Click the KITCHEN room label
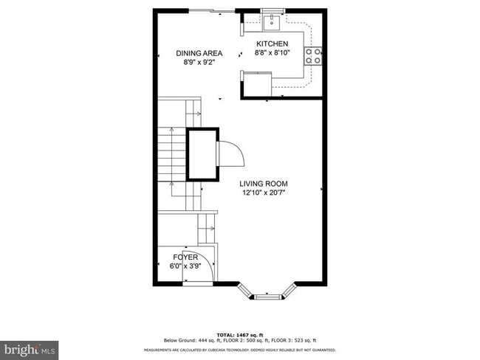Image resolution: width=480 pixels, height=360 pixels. coord(272,44)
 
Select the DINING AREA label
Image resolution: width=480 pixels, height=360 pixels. coord(199,53)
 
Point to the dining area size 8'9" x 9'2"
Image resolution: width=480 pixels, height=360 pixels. coord(199,63)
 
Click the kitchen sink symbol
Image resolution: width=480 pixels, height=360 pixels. coord(272,20)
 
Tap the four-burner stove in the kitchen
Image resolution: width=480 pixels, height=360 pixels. coord(313,56)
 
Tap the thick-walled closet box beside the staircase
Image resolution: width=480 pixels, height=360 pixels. coord(202,153)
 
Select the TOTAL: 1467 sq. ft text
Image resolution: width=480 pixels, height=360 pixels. coord(240,334)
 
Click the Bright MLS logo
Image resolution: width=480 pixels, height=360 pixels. coord(30,347)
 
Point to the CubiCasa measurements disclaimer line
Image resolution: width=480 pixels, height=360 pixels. coord(240,350)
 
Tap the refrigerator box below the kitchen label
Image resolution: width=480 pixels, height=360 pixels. coord(256,84)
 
